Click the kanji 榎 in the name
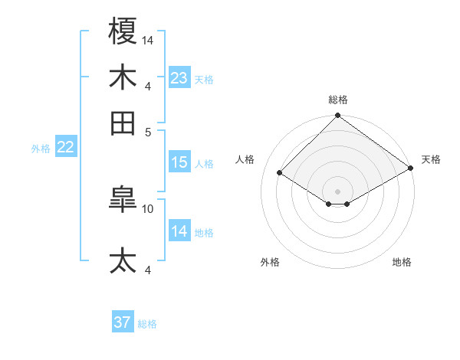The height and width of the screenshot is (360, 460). point(123,31)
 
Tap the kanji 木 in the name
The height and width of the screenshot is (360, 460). point(123,77)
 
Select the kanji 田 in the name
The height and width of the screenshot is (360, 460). point(123,123)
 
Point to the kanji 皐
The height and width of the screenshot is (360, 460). point(123,201)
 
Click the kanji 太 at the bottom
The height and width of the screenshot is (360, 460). point(123,260)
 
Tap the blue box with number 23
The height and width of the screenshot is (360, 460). point(179,78)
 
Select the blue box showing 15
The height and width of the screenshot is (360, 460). point(179,162)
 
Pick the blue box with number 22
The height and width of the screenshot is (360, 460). point(65,148)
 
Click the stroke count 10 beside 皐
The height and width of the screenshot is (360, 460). point(149,208)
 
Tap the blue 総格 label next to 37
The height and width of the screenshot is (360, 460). point(147,324)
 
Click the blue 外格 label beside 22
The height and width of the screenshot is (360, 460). point(40,149)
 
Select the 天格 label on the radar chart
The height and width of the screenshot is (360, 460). point(431,159)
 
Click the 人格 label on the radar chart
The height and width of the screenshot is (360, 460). point(245,159)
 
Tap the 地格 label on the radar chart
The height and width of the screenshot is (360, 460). point(402,262)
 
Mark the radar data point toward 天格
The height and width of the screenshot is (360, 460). point(411,169)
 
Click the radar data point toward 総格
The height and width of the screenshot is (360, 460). point(337,116)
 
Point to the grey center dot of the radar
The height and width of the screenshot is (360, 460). point(337,191)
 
